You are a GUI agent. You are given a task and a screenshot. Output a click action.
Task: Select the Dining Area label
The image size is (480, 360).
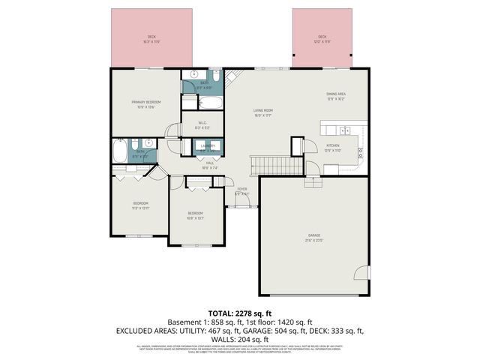point(335,96)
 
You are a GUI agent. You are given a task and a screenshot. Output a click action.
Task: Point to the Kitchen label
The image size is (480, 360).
point(333,148)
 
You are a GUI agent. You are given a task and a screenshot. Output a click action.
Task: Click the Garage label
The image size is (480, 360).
point(313,238)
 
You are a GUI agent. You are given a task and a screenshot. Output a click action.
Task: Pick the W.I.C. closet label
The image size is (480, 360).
point(202,124)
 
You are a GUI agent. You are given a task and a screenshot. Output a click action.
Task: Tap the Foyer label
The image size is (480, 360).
point(241,191)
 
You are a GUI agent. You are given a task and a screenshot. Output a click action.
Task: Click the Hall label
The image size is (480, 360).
point(210,164)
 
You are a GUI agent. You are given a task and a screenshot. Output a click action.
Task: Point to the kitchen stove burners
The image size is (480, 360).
point(359,152)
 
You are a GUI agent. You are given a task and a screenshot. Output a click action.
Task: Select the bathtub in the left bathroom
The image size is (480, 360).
point(120,153)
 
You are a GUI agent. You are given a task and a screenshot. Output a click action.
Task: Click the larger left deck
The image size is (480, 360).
point(151,37)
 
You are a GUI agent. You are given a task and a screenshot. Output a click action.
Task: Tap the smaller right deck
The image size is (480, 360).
point(322,37)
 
